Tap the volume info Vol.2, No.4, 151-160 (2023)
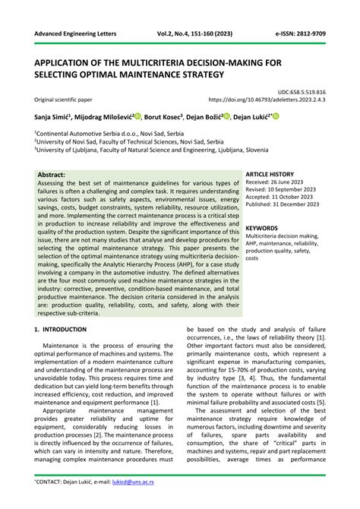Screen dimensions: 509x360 click(185, 36)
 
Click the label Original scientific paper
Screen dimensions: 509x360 click(68, 100)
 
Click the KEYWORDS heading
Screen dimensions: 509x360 click(262, 227)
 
